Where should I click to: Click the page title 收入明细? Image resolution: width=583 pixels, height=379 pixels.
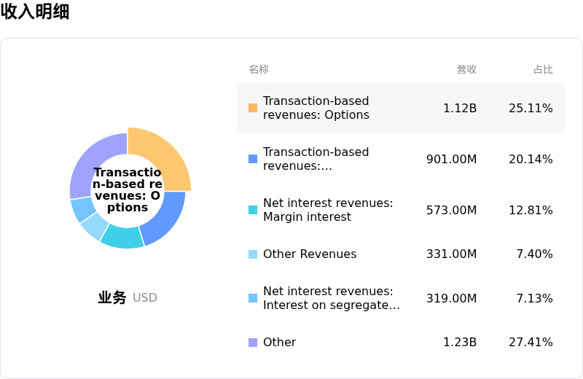[35, 12]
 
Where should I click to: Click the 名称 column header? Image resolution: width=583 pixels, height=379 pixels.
[259, 69]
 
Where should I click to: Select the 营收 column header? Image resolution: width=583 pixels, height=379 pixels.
[466, 69]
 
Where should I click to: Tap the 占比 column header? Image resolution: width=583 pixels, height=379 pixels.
[543, 69]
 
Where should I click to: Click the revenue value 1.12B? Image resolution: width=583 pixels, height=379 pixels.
[460, 108]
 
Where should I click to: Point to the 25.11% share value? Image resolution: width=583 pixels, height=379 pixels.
[531, 108]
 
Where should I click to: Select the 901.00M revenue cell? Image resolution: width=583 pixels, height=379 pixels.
[451, 159]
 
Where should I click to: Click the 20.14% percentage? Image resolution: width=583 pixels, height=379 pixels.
[531, 159]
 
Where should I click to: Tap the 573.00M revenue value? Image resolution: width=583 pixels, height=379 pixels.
[451, 211]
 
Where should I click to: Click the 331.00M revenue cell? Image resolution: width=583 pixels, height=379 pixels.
[451, 254]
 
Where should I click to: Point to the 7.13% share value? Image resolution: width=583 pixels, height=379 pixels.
[534, 298]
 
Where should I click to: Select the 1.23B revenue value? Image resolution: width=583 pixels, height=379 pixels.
[460, 342]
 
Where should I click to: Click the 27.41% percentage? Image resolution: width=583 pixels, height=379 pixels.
[531, 342]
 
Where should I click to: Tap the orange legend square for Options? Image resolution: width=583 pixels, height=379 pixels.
[253, 108]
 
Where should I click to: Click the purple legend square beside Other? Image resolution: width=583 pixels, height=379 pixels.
[253, 342]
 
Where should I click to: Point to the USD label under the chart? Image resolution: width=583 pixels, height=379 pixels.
[145, 297]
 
